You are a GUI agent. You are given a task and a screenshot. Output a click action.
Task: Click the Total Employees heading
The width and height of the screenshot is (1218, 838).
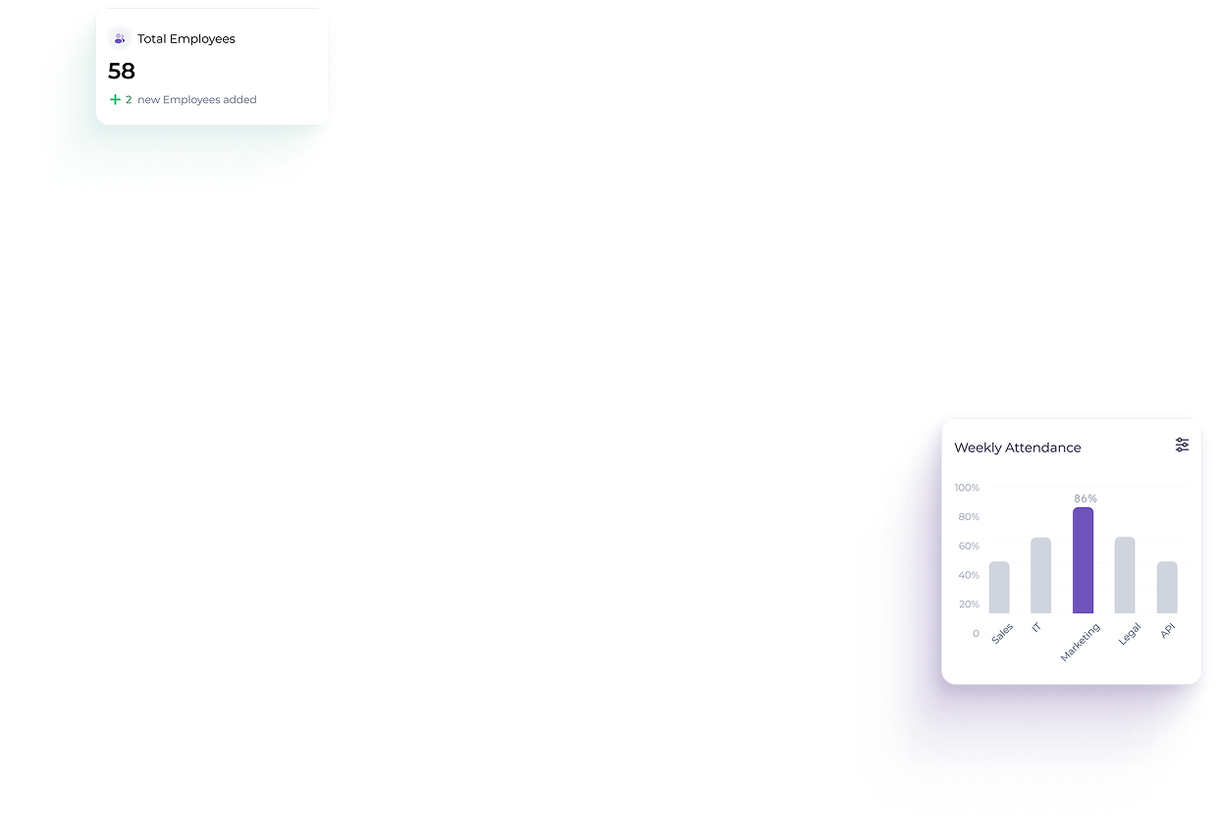click(186, 39)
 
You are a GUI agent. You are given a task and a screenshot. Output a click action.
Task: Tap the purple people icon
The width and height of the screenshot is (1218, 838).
click(120, 39)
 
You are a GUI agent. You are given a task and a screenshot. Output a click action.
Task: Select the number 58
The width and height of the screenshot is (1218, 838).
click(122, 72)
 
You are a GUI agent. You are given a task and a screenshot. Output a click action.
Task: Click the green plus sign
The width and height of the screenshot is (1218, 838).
click(115, 100)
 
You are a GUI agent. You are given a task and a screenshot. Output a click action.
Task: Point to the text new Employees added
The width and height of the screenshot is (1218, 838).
click(197, 100)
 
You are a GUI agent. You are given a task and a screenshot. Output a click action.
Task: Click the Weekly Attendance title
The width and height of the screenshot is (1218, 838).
click(1018, 447)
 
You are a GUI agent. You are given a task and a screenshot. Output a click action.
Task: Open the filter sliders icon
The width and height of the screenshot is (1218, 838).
click(1182, 445)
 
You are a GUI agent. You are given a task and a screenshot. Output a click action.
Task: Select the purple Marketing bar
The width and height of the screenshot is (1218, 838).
click(1083, 560)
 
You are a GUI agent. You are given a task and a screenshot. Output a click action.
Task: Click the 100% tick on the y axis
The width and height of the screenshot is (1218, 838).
click(967, 488)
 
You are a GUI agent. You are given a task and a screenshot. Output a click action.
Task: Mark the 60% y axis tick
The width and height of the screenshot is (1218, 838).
click(969, 546)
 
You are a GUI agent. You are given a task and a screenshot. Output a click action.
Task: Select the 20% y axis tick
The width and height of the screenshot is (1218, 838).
click(969, 604)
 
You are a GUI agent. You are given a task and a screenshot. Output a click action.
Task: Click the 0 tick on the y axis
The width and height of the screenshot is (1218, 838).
click(976, 634)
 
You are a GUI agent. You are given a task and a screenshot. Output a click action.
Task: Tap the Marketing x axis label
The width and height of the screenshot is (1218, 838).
click(1081, 642)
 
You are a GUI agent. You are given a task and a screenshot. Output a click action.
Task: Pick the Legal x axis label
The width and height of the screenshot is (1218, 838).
click(1129, 634)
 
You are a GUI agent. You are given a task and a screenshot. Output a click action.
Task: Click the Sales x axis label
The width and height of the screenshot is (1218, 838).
click(1002, 634)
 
